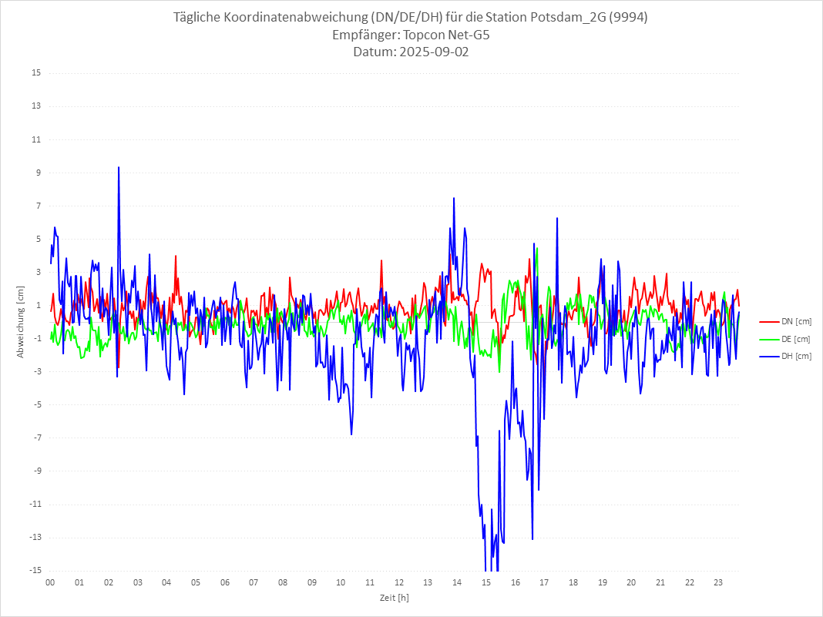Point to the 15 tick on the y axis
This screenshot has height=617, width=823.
tap(36, 73)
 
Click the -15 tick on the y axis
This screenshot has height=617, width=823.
tap(35, 571)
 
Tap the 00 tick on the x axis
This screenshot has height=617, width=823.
tap(50, 582)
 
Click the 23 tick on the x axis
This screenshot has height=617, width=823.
tap(718, 582)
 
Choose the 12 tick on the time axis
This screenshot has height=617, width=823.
tap(399, 582)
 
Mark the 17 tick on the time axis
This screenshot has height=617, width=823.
tap(544, 582)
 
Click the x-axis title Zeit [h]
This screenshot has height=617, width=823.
tap(394, 597)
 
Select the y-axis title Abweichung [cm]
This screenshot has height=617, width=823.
tap(21, 322)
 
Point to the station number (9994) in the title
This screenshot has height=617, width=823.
tap(629, 18)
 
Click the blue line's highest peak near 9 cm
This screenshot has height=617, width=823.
tap(119, 167)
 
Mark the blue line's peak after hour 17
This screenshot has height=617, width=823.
tap(556, 218)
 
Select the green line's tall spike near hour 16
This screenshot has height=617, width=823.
tap(536, 247)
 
